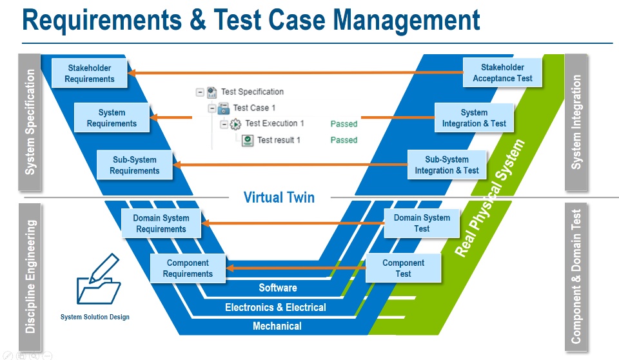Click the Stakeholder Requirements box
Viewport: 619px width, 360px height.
pyautogui.click(x=90, y=74)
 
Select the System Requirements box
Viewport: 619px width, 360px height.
pyautogui.click(x=112, y=118)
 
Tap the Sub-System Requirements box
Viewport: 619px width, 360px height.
pyautogui.click(x=134, y=165)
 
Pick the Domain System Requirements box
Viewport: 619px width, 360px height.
pyautogui.click(x=161, y=223)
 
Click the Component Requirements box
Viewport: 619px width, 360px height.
pyautogui.click(x=188, y=268)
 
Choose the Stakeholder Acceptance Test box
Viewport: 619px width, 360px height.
pyautogui.click(x=502, y=73)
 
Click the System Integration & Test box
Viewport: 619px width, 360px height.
pyautogui.click(x=474, y=118)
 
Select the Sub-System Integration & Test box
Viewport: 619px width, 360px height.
pyautogui.click(x=446, y=165)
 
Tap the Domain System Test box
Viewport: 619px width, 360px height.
pyautogui.click(x=422, y=223)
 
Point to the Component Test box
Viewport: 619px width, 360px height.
pyautogui.click(x=403, y=268)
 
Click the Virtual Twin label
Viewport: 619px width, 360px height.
pyautogui.click(x=279, y=197)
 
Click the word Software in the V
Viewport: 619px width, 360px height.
pyautogui.click(x=278, y=288)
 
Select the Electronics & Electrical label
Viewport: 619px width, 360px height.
pyautogui.click(x=275, y=308)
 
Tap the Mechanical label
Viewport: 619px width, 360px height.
pyautogui.click(x=277, y=326)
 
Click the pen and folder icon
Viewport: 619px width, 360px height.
pyautogui.click(x=99, y=280)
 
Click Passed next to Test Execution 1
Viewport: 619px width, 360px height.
pyautogui.click(x=344, y=123)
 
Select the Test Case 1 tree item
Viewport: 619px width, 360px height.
pyautogui.click(x=253, y=108)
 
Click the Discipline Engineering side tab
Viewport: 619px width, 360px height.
pyautogui.click(x=30, y=277)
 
